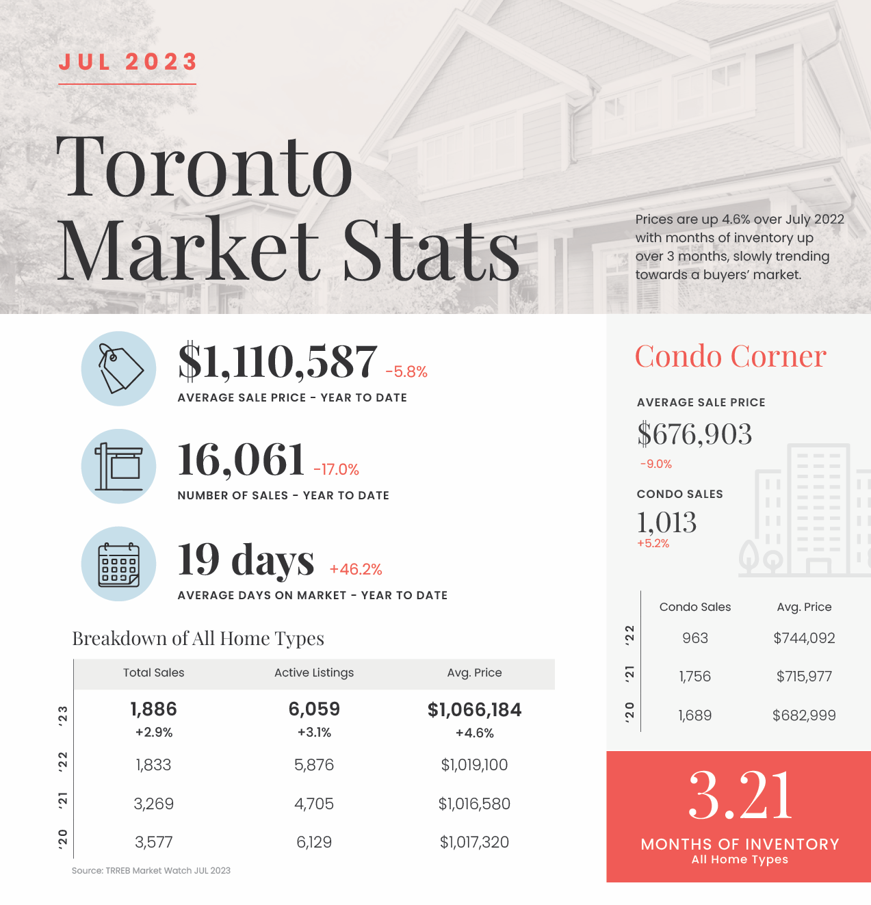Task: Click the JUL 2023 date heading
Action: point(128,62)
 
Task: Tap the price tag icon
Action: point(120,369)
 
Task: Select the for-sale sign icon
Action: point(118,467)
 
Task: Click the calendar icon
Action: point(118,564)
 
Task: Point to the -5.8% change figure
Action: point(406,371)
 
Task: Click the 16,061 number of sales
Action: point(241,460)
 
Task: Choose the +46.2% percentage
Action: point(356,569)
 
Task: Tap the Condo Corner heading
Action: point(731,356)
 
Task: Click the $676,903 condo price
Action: point(694,434)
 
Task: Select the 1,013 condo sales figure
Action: point(666,522)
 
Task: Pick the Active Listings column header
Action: point(314,672)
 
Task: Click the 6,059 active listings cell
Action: point(314,709)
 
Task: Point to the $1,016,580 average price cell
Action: point(474,804)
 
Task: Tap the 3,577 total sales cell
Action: point(153,842)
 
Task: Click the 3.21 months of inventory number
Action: point(740,796)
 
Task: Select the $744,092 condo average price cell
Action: point(804,638)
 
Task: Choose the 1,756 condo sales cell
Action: point(695,677)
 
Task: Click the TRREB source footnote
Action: point(151,871)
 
